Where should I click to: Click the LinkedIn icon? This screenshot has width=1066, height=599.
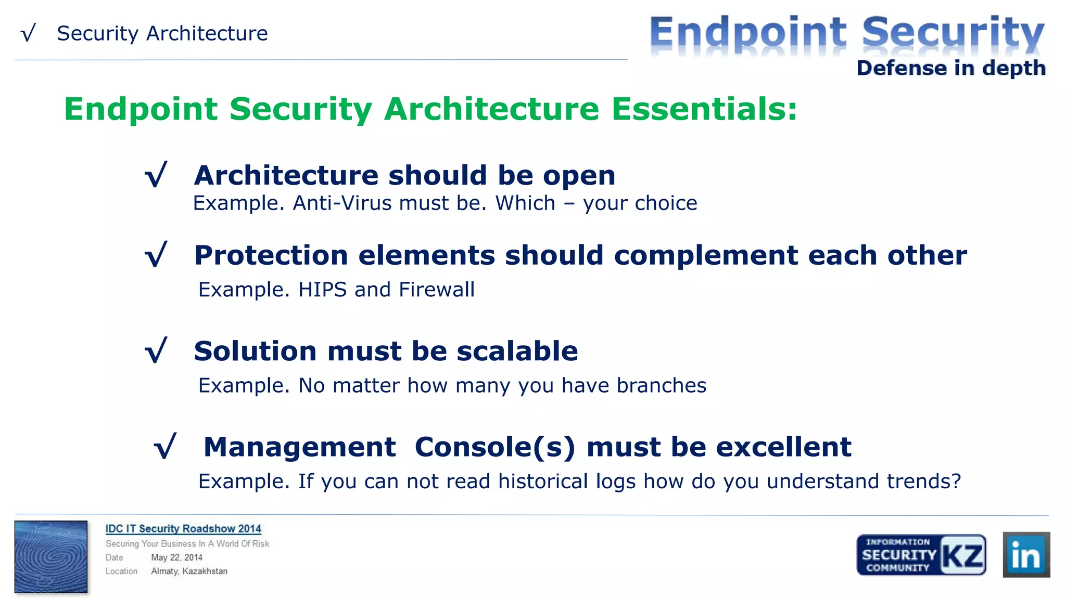(1026, 554)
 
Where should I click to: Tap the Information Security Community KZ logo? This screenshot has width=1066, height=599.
(921, 554)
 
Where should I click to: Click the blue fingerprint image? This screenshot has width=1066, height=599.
(51, 556)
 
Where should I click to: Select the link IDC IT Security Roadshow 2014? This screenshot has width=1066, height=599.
(183, 528)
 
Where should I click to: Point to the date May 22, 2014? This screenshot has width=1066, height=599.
(176, 557)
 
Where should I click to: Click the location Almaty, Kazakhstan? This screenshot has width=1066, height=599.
(189, 571)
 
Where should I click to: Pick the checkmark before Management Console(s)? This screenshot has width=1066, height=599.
(166, 446)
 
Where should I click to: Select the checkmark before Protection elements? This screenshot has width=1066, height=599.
(156, 254)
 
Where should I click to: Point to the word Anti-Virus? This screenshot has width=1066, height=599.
(342, 203)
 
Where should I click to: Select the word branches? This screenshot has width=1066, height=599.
(661, 386)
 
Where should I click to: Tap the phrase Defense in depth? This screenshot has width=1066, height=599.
(951, 68)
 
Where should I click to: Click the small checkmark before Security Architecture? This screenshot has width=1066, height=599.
(28, 33)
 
